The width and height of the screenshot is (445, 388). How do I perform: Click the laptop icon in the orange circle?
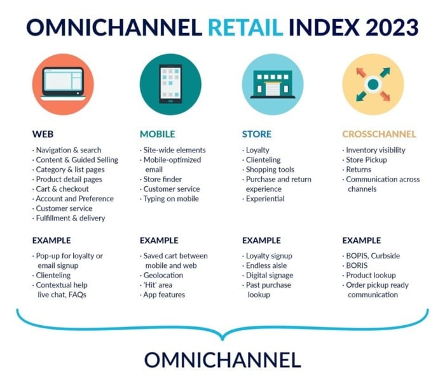point(62,84)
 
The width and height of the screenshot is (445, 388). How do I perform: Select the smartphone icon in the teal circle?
point(170,84)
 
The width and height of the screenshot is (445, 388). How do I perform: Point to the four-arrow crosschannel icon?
point(373,84)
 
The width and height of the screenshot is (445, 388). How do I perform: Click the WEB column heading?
point(43,134)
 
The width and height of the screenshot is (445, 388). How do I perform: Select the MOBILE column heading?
point(157,134)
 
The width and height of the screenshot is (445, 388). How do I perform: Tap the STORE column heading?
point(256,134)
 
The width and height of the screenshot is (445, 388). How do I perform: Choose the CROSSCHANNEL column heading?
point(379,134)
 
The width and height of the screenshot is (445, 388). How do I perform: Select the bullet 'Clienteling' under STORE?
point(263,160)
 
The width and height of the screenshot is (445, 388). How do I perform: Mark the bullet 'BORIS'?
point(359,266)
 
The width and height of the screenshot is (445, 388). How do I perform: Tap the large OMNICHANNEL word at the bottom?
point(222,360)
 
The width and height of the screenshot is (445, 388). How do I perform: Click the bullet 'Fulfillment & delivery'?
point(70,218)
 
